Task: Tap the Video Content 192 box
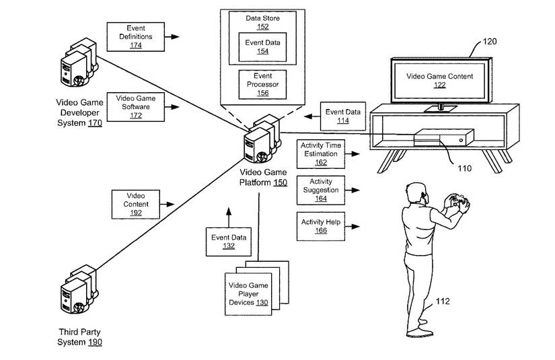[135, 203]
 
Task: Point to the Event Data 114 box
[342, 116]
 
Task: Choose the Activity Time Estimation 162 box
[320, 153]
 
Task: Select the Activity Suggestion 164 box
[320, 190]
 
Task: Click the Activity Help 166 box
[320, 226]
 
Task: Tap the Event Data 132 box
[229, 242]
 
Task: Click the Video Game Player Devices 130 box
[248, 294]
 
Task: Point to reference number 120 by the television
[490, 42]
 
